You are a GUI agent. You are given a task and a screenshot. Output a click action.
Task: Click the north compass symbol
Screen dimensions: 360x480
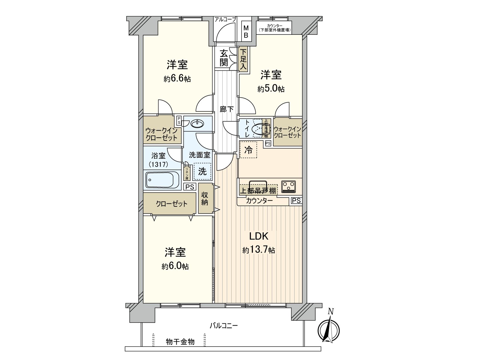tap(329, 329)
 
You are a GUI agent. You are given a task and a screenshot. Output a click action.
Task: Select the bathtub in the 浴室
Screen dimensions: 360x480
tap(162, 180)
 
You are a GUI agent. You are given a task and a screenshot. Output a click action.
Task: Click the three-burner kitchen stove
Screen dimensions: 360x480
tap(288, 186)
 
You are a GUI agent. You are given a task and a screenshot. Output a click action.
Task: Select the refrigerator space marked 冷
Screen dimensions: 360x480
tap(248, 150)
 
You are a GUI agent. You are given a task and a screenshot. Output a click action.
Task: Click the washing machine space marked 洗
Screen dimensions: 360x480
tap(202, 171)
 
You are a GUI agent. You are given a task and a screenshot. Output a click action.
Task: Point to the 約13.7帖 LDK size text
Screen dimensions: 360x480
tap(259, 250)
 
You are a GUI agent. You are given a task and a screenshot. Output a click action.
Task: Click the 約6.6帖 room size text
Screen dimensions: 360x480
tap(177, 79)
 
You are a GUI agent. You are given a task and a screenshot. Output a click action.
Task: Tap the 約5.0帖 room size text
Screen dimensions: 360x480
tap(271, 89)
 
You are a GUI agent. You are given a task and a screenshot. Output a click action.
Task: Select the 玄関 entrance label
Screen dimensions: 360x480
tap(224, 58)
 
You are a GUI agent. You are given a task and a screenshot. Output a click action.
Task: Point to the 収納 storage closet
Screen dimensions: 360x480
tap(205, 199)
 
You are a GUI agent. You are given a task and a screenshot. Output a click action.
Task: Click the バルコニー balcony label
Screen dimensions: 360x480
tap(223, 325)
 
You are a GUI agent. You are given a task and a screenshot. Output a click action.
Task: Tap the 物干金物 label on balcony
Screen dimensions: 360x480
tap(180, 342)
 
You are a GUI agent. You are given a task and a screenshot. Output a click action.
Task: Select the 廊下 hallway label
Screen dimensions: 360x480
tap(226, 109)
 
